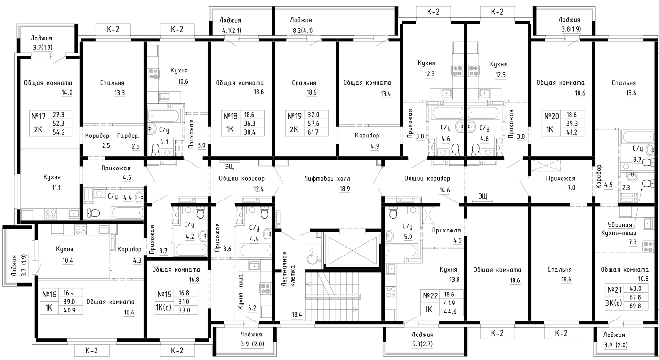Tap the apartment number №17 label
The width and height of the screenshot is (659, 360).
tap(39, 116)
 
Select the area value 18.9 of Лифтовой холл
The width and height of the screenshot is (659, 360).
tap(345, 189)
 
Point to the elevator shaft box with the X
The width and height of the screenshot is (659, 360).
tap(352, 250)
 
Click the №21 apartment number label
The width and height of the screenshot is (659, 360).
tap(614, 290)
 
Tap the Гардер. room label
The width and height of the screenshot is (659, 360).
tap(128, 136)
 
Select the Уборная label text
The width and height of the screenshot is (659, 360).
tap(620, 225)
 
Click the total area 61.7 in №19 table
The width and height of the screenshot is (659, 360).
tap(313, 132)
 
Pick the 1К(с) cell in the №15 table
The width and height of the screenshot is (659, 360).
tap(163, 307)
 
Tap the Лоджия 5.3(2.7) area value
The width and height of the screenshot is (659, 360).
tap(423, 344)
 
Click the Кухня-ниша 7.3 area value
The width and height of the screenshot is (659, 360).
tap(633, 242)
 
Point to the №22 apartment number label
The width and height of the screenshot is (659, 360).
tap(430, 296)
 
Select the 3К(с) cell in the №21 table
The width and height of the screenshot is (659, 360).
tap(614, 303)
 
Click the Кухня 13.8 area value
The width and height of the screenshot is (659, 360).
tap(455, 280)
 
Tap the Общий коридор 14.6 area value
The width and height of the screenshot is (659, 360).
tap(444, 190)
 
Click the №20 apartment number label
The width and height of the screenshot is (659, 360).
tap(551, 116)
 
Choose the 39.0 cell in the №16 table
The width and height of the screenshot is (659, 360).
tap(69, 302)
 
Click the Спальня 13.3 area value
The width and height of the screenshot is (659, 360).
tap(120, 93)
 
